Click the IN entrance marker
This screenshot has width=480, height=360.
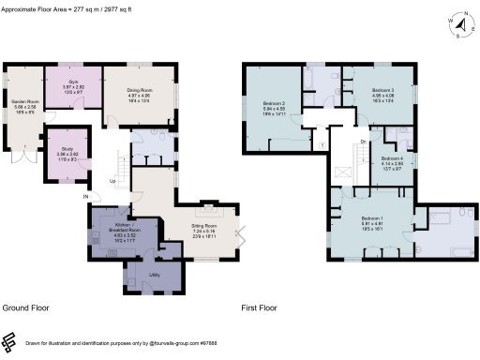coord(84,196)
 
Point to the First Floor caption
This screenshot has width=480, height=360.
coord(262,307)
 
